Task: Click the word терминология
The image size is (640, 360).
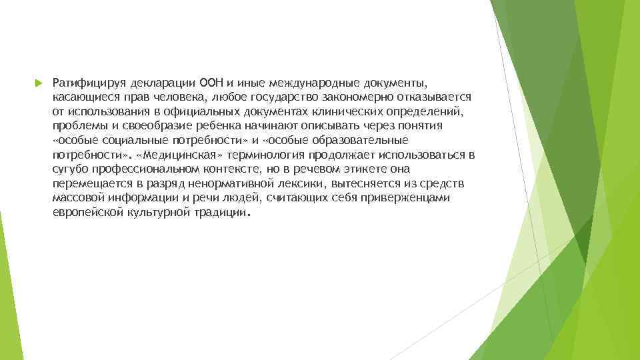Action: [255, 155]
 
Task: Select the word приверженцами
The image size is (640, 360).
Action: [410, 198]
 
